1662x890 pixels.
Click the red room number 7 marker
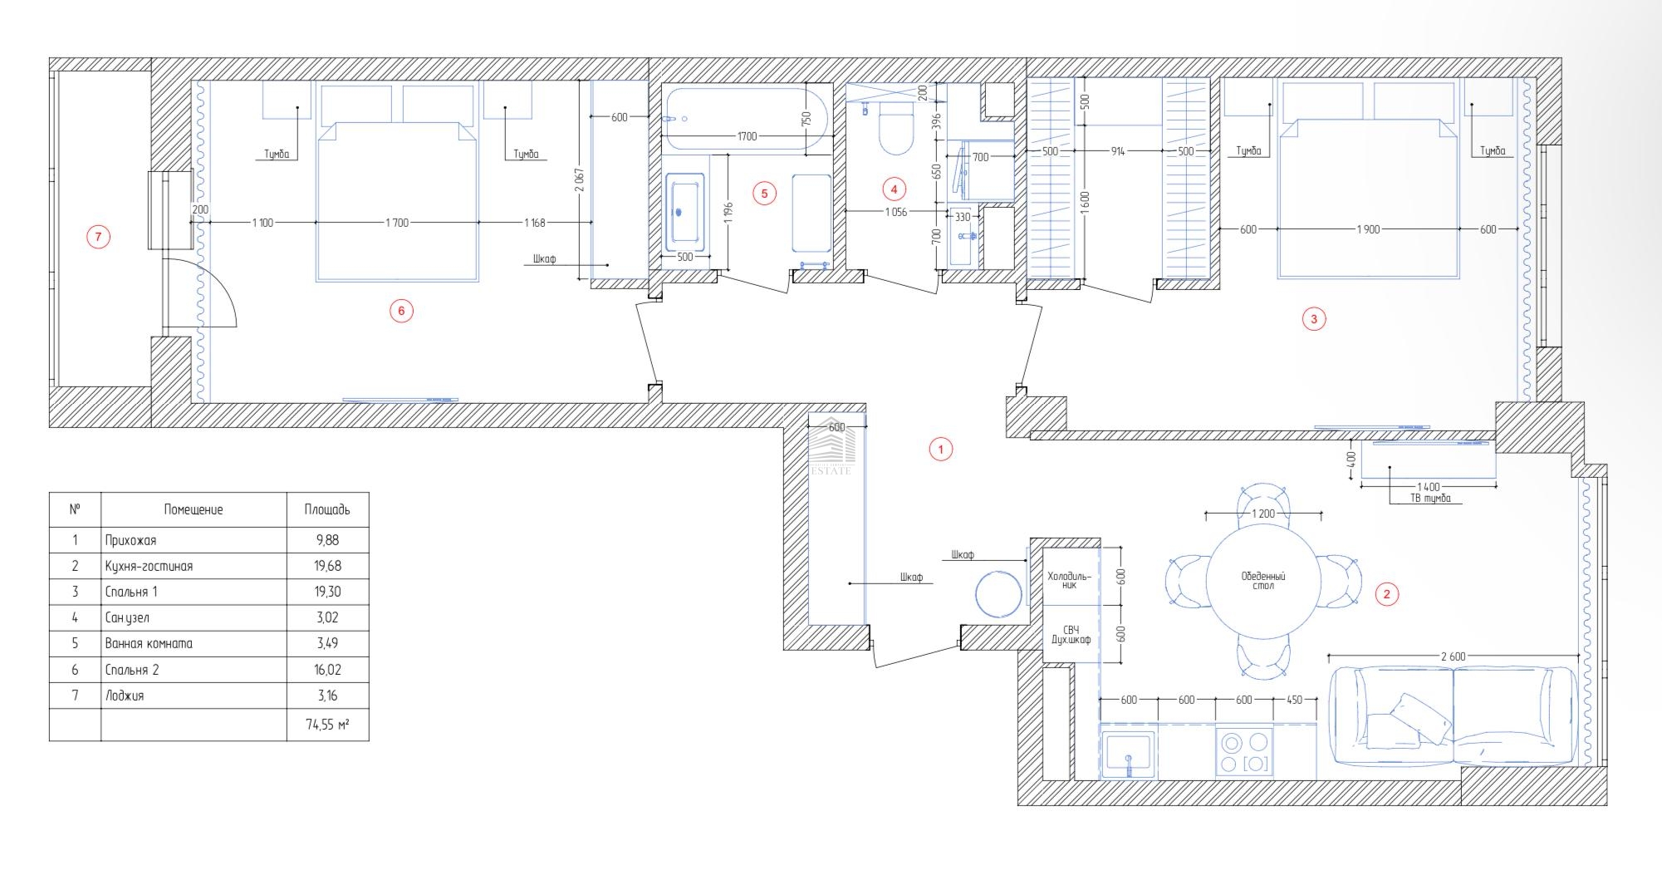point(98,238)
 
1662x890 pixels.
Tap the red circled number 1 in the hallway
point(940,450)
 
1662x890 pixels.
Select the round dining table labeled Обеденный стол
point(1263,582)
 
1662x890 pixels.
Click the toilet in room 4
point(895,128)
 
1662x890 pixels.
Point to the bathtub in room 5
point(746,120)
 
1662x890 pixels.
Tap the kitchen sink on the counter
point(1129,755)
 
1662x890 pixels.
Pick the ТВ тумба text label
point(1430,499)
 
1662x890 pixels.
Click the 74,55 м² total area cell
point(327,725)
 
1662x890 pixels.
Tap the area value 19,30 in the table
point(327,592)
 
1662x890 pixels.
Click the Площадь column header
point(327,509)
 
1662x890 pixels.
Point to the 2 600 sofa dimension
point(1453,656)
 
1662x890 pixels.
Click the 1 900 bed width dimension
point(1368,229)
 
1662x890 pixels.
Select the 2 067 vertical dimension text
point(580,180)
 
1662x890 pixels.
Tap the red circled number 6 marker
point(401,312)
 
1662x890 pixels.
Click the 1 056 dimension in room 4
point(895,213)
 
